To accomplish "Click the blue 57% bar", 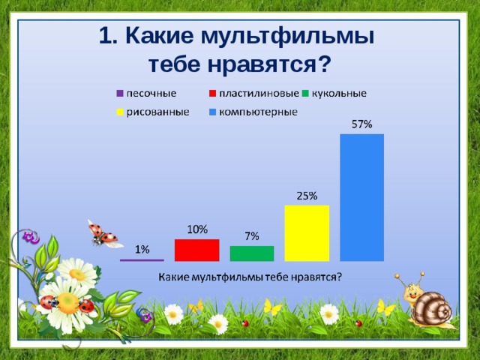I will click(361, 197).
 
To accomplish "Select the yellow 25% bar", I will click(307, 233).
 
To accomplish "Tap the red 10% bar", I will click(196, 250).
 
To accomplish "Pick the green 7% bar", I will click(251, 253).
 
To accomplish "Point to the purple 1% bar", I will click(142, 259).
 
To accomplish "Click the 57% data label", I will click(362, 125).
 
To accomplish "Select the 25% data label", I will click(307, 196).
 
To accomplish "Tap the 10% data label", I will click(197, 229).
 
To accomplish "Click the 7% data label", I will click(252, 236).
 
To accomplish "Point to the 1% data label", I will click(142, 249).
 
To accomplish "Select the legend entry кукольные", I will click(338, 94).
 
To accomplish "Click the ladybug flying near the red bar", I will click(102, 235).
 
